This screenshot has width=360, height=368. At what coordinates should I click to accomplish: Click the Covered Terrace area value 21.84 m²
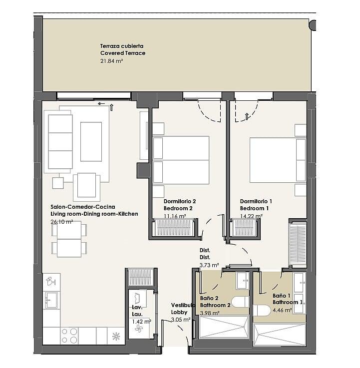pos(112,61)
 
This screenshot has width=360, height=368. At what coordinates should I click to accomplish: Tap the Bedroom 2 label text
pos(178,208)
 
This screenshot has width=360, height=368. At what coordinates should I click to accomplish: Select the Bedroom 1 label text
pos(254,208)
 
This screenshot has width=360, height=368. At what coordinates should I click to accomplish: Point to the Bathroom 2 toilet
pos(240,302)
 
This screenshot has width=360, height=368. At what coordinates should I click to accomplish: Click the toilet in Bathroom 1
pos(262,310)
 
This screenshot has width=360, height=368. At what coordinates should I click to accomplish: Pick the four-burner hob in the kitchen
pos(69,336)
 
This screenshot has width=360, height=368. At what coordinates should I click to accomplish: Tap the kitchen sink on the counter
pos(51,300)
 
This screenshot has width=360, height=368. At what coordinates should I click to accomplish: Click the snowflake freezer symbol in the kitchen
pos(116,337)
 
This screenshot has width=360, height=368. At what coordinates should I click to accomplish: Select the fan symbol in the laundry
pos(139,329)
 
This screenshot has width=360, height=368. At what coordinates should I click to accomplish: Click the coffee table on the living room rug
pos(91,141)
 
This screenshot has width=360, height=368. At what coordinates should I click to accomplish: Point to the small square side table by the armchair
pos(58,183)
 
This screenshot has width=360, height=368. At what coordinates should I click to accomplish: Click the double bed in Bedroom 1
pos(278,160)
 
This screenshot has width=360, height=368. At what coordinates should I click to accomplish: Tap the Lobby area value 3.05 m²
pos(180,320)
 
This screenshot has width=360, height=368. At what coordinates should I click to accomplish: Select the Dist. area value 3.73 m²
pos(209,265)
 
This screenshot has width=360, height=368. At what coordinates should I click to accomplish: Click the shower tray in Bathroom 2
pos(224,327)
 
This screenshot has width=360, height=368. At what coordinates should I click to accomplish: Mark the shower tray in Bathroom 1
pos(280,335)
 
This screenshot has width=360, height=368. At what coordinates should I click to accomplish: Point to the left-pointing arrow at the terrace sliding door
pos(101,103)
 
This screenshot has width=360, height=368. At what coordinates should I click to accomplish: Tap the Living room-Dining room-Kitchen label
pos(94,214)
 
